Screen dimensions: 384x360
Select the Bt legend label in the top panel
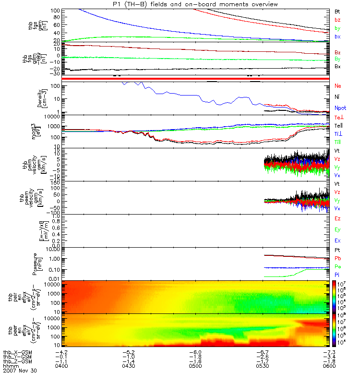[x=337, y=11]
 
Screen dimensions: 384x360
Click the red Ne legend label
[x=338, y=86]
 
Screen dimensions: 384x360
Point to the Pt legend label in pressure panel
[x=337, y=251]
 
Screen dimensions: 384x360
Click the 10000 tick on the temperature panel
[x=53, y=117]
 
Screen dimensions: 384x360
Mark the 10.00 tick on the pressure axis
[x=52, y=250]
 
